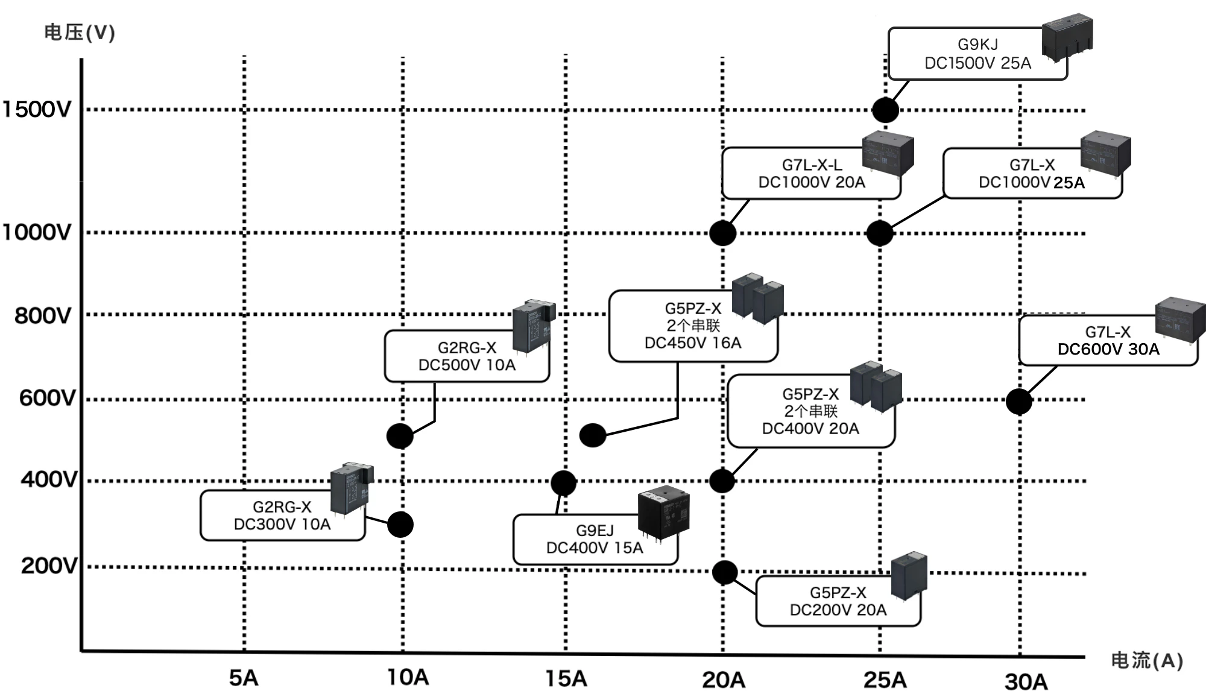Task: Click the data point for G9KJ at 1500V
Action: tap(885, 110)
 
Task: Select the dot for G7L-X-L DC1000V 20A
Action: tap(722, 233)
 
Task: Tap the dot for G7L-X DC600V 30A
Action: tap(1018, 402)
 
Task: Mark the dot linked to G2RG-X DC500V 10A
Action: tap(400, 436)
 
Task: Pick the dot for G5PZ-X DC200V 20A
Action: tap(725, 572)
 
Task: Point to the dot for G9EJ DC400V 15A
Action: tap(563, 483)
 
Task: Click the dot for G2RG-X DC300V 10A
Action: tap(400, 525)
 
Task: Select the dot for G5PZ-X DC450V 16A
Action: tap(593, 435)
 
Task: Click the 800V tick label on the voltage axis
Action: tap(43, 315)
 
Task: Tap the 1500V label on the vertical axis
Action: tap(37, 110)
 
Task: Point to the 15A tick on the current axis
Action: tap(566, 678)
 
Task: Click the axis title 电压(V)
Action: tap(79, 32)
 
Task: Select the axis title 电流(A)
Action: tap(1146, 660)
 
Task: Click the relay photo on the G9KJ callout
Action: tap(1067, 36)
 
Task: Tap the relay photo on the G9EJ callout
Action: tap(663, 513)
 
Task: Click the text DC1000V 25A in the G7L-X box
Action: tap(1031, 183)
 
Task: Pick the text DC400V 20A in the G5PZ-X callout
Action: tap(810, 429)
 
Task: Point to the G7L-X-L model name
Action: tap(812, 165)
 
